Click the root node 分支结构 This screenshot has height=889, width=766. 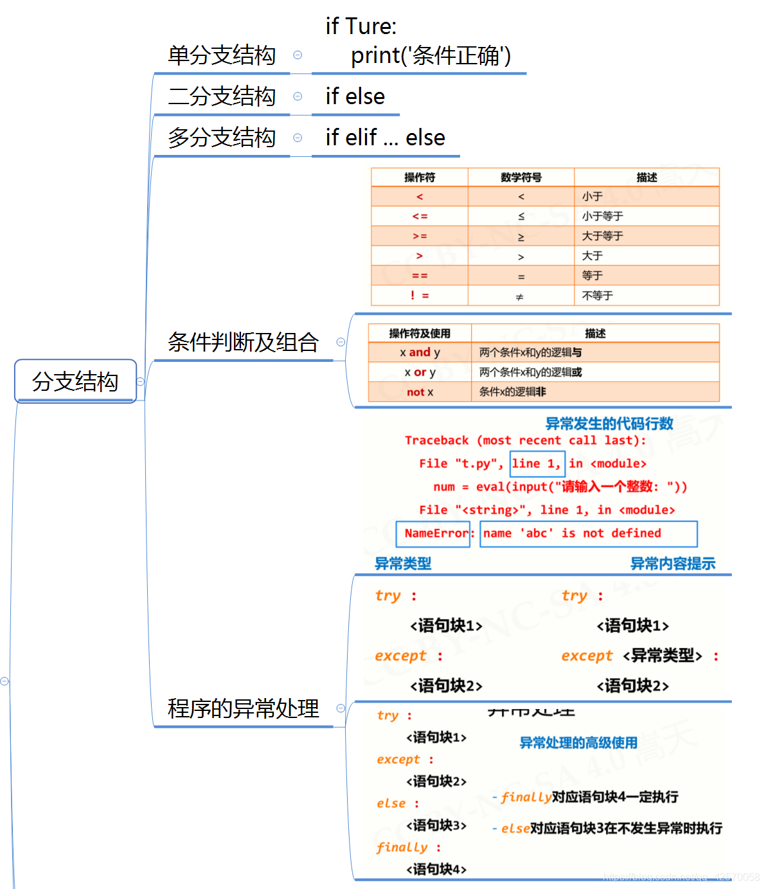coord(75,381)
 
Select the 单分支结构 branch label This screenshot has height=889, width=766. coord(222,55)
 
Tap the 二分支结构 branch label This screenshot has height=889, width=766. coord(222,96)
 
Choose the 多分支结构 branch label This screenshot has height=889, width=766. coord(222,138)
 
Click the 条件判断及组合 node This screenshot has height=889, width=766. coord(243,342)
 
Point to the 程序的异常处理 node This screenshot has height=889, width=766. coord(243,708)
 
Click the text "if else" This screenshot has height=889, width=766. coord(355,96)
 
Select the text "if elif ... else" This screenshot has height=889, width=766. coord(385,138)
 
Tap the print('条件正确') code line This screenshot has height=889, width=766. coord(431,56)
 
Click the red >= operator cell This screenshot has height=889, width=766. coord(420,236)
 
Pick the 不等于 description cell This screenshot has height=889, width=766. coord(598,296)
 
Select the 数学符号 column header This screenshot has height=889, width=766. coord(521,177)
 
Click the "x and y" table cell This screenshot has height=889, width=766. coord(420,352)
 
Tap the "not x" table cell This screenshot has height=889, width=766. coord(420,392)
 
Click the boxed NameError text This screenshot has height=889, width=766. coord(434,534)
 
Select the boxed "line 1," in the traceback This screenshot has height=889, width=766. coord(537,463)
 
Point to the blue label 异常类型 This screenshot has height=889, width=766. coord(403,564)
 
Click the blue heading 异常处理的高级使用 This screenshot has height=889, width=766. coord(578,743)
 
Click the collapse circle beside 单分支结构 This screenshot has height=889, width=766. coord(298,55)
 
